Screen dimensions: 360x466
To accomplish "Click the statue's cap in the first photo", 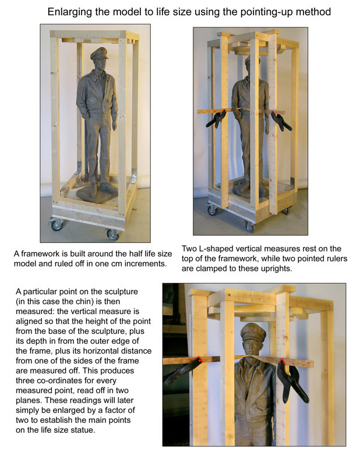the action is point(99,53).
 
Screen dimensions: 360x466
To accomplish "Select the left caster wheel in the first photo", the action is point(57,225).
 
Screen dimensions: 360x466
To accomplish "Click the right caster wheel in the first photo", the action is point(112,234).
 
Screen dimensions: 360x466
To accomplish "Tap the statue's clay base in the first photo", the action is point(97,195).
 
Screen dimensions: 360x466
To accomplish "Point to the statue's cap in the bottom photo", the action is point(253,332).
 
